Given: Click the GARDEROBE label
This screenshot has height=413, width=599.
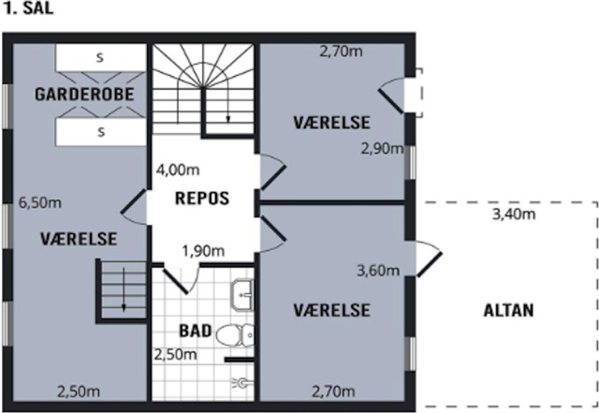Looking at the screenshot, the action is coord(84,94).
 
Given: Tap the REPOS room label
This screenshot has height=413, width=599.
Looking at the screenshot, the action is coord(202,199).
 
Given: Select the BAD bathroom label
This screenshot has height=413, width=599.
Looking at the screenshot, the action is coord(196,331).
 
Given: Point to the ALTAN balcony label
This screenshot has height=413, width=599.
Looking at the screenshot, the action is coord(508,310).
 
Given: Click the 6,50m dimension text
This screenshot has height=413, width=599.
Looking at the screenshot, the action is coord(39,202).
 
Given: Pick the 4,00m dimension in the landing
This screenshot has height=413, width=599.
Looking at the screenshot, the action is coord(178,170).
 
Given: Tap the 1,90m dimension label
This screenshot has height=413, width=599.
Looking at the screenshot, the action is coord(203,251).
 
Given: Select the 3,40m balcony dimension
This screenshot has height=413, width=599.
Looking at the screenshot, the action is coord(514,214).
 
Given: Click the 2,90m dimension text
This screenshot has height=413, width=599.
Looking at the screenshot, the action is coord(383,149).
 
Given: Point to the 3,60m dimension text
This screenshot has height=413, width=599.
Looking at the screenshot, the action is coord(378,271).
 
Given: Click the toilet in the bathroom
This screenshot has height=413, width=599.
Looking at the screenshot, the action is coord(235,335).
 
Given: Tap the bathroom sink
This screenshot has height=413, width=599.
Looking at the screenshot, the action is coord(242,296).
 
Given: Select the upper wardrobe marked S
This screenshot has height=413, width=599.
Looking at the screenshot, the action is coord(101,57).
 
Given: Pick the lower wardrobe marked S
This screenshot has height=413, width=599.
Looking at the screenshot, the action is coord(101,132).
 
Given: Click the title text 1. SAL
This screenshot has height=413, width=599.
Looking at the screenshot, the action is coord(28,8).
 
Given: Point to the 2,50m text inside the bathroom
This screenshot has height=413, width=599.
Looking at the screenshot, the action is coord(175,355).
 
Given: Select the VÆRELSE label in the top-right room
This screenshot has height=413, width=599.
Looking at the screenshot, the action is coord(331,123).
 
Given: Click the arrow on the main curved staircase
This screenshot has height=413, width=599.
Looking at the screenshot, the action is coord(228,106).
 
